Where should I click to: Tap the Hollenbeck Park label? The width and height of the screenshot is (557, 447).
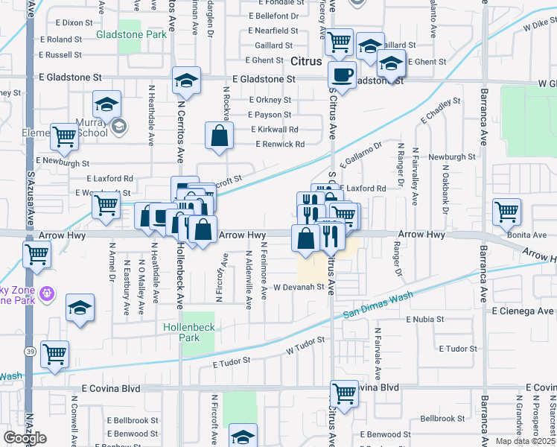point(182,332)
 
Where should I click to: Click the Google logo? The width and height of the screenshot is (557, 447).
point(25,438)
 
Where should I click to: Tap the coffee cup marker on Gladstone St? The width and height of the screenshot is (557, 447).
point(342,75)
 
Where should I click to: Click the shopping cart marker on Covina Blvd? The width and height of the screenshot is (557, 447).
point(343,393)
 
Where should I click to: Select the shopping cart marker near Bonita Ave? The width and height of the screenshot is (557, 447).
point(506,211)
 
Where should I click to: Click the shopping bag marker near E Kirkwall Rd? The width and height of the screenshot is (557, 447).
point(219,138)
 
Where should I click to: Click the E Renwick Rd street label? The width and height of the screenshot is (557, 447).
point(280,144)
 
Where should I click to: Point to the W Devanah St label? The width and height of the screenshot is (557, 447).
point(299,286)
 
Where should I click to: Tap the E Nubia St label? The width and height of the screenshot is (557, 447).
point(424,319)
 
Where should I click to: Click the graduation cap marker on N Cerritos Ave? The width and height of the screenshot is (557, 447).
point(186,81)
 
